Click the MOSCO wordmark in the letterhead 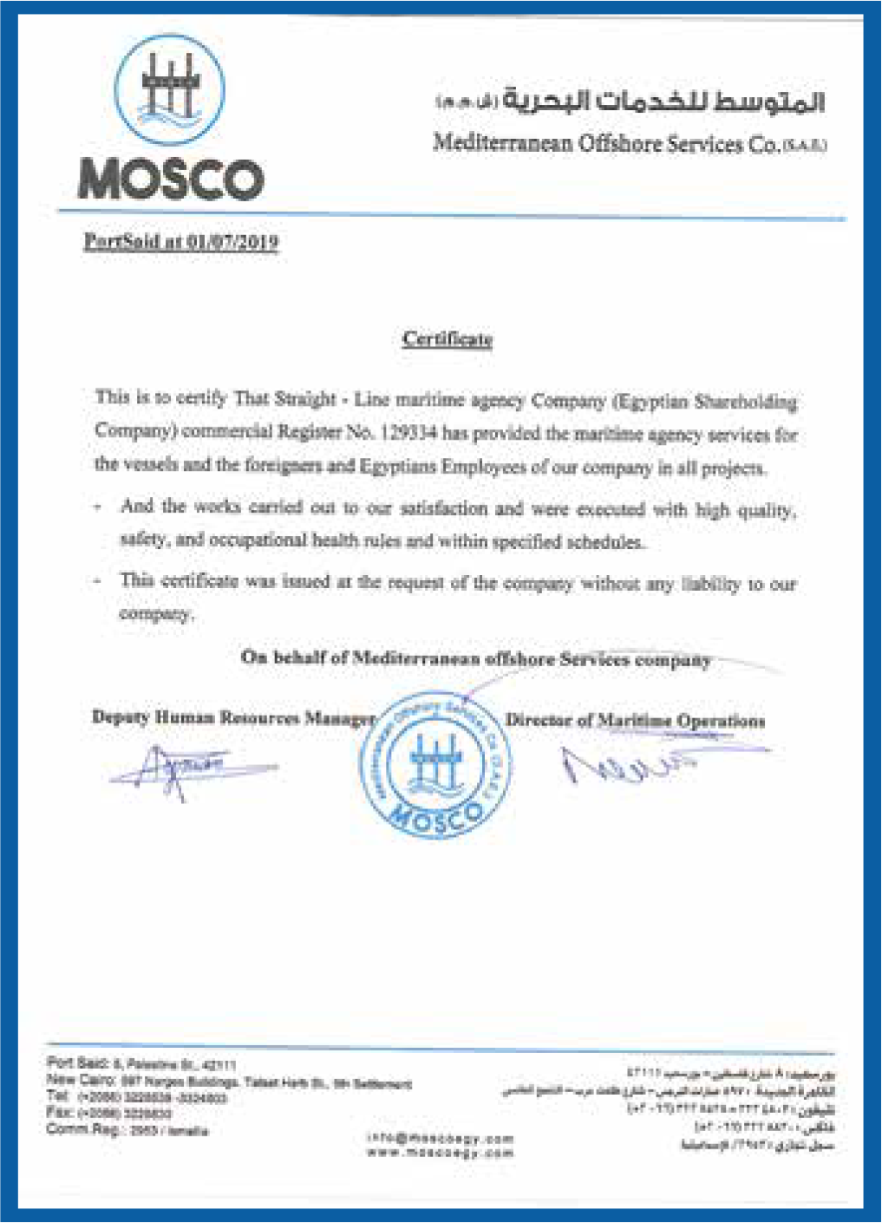pos(171,180)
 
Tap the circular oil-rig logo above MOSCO pos(170,89)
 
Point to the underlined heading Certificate pos(448,338)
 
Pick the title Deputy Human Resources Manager pos(233,717)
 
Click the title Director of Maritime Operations pos(635,720)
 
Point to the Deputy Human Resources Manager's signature pos(186,768)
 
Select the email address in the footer pos(441,1138)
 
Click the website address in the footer pos(441,1153)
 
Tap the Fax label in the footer pos(59,1113)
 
